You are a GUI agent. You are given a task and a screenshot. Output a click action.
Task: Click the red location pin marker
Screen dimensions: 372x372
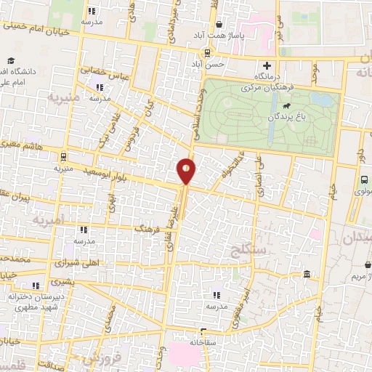click(186, 171)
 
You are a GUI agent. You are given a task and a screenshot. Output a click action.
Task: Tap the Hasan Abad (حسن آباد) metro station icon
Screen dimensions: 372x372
click(209, 52)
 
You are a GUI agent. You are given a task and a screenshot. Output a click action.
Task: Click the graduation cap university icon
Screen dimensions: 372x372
click(11, 61)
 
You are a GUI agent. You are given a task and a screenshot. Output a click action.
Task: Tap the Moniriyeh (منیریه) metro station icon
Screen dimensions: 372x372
click(64, 156)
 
